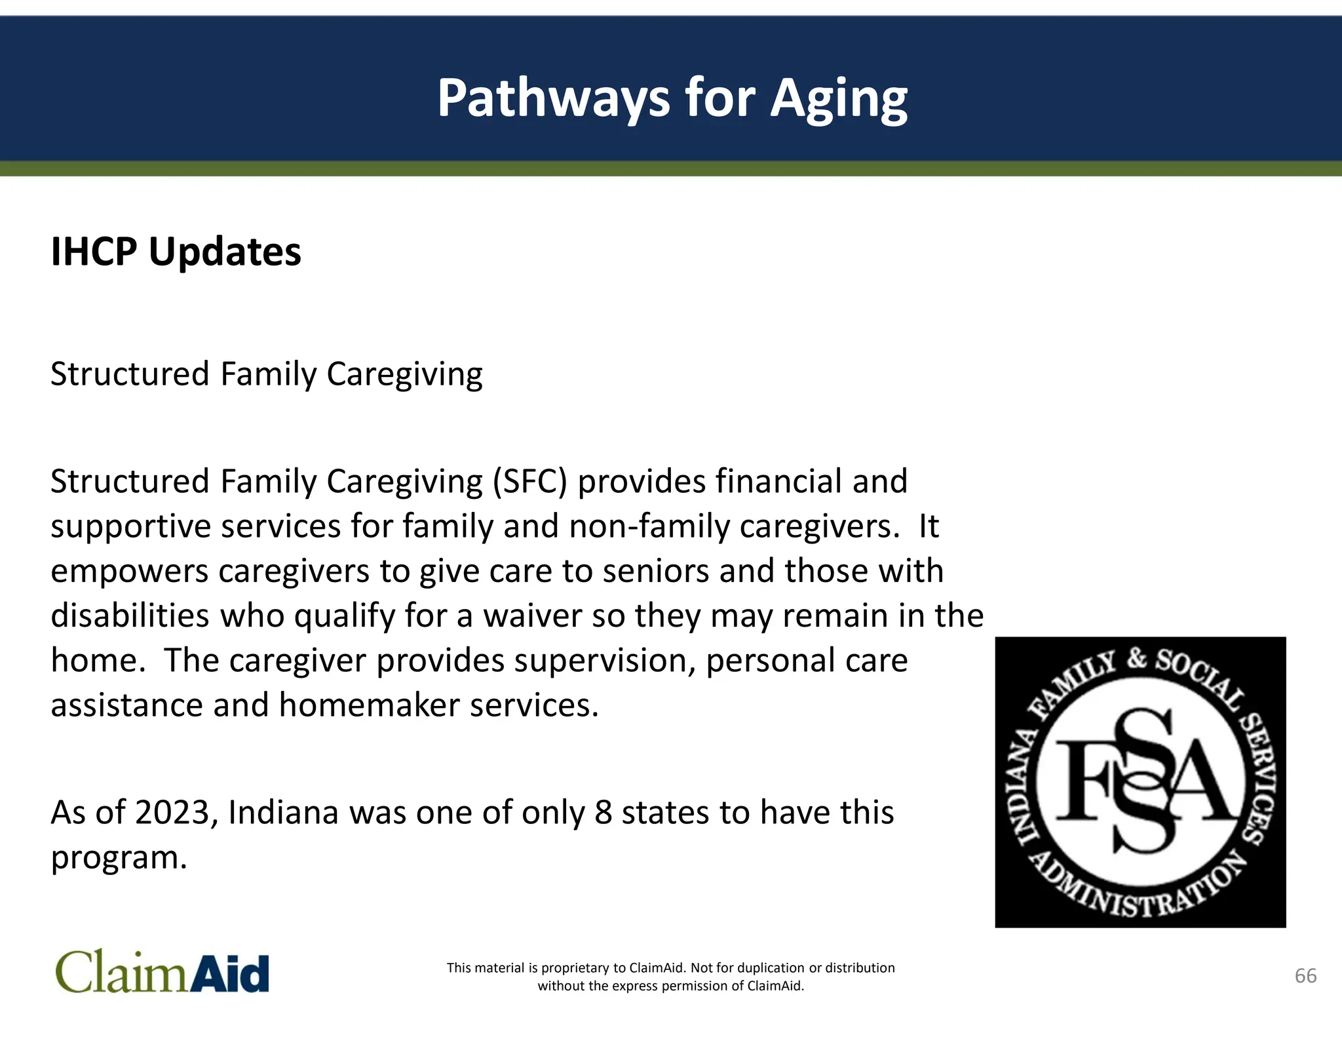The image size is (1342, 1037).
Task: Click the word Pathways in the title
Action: (x=554, y=98)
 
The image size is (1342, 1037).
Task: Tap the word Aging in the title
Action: (x=839, y=98)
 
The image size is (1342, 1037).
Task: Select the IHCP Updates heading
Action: (x=176, y=252)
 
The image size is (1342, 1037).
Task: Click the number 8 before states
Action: (x=603, y=813)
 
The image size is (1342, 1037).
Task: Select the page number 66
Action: (x=1305, y=975)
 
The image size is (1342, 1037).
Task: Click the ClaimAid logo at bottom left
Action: (x=162, y=972)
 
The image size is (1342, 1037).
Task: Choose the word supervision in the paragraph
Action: (x=604, y=661)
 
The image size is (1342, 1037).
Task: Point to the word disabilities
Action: (x=130, y=616)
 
